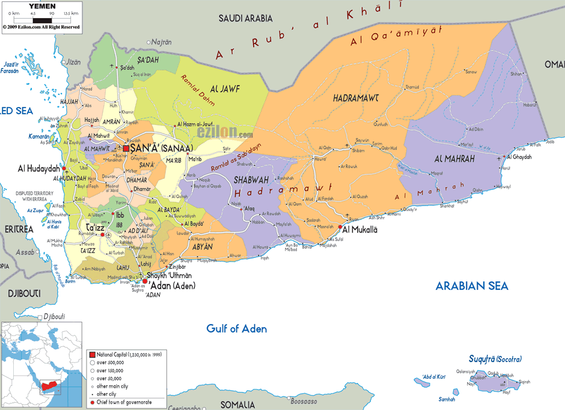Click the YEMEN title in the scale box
[41, 5]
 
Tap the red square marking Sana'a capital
[126, 148]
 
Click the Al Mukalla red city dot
[340, 228]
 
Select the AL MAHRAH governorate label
[454, 159]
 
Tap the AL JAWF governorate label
[226, 89]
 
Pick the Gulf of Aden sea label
[236, 329]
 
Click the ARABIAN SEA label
[472, 286]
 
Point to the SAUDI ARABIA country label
[245, 19]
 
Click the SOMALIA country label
[237, 405]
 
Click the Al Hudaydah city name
[38, 168]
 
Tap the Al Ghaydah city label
[520, 157]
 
